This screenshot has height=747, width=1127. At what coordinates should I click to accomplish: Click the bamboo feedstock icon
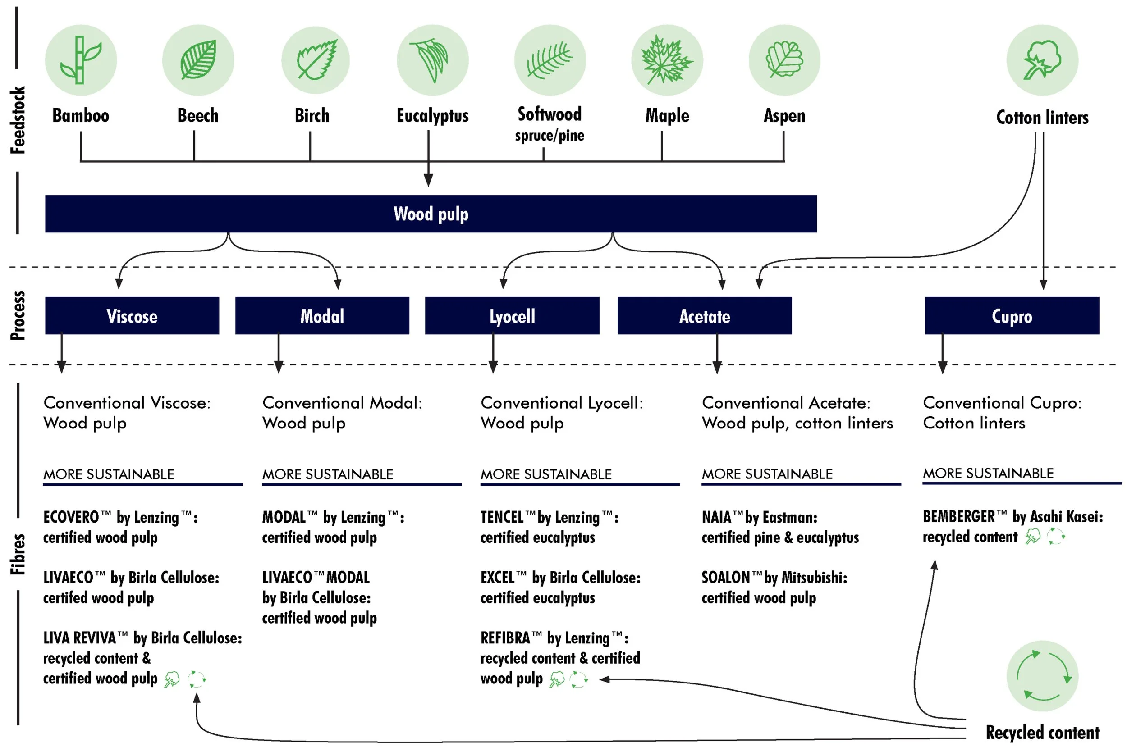[81, 60]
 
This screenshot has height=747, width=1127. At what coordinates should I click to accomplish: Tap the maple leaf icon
[667, 60]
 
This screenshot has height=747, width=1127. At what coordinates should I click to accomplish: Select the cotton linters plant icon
[1042, 60]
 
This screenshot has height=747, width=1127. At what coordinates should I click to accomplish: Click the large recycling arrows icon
[1042, 676]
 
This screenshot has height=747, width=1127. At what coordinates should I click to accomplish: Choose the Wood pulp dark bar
[431, 214]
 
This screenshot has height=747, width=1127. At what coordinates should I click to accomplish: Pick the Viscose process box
[132, 316]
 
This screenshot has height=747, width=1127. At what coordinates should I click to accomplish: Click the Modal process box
[322, 316]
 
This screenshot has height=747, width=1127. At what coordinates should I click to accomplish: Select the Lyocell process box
[512, 316]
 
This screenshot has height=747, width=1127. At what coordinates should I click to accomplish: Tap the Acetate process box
[704, 316]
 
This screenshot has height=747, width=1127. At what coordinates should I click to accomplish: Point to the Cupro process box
[1012, 316]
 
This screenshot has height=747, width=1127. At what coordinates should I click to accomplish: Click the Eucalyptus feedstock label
[433, 116]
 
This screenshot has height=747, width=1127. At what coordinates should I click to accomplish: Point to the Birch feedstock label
[312, 116]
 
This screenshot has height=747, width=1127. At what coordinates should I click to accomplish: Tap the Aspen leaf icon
[784, 60]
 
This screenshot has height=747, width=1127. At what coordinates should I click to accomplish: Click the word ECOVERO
[71, 517]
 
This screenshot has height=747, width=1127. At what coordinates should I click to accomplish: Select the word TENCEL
[502, 517]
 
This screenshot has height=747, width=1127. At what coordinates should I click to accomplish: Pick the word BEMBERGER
[959, 516]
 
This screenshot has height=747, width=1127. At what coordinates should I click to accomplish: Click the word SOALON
[725, 578]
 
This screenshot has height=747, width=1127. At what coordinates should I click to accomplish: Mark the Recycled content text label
[1042, 732]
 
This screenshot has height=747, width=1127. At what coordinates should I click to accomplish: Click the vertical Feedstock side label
[18, 120]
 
